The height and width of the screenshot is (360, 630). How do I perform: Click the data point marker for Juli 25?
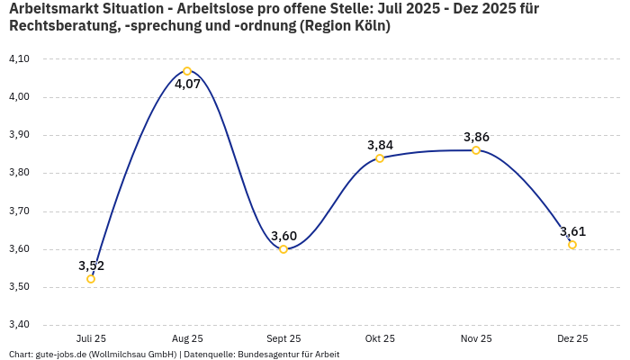click(x=91, y=279)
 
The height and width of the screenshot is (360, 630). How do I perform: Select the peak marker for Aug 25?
click(x=187, y=71)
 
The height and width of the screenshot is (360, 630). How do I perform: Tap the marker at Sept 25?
click(x=283, y=249)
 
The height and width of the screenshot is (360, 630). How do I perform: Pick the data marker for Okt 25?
click(x=380, y=158)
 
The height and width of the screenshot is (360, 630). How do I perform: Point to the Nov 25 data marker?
click(x=476, y=150)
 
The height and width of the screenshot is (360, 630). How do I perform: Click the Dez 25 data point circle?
click(x=572, y=245)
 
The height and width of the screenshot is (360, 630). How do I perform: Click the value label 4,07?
click(x=187, y=85)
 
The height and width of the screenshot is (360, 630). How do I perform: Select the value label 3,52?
click(x=91, y=265)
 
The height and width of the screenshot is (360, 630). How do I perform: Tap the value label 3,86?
click(x=476, y=137)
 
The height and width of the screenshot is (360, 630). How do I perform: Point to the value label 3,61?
click(x=572, y=231)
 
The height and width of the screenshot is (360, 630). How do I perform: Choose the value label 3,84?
click(x=380, y=145)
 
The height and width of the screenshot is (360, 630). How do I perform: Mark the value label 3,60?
click(x=283, y=236)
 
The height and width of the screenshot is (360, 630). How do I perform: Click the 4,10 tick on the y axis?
click(x=19, y=58)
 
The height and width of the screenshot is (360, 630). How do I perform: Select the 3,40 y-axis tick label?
click(x=19, y=325)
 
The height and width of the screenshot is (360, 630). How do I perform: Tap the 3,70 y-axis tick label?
click(x=19, y=211)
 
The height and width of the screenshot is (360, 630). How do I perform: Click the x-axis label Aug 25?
click(x=187, y=338)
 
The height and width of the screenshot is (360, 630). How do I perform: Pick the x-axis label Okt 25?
click(x=380, y=338)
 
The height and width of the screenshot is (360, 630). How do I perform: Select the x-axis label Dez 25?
click(x=572, y=338)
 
